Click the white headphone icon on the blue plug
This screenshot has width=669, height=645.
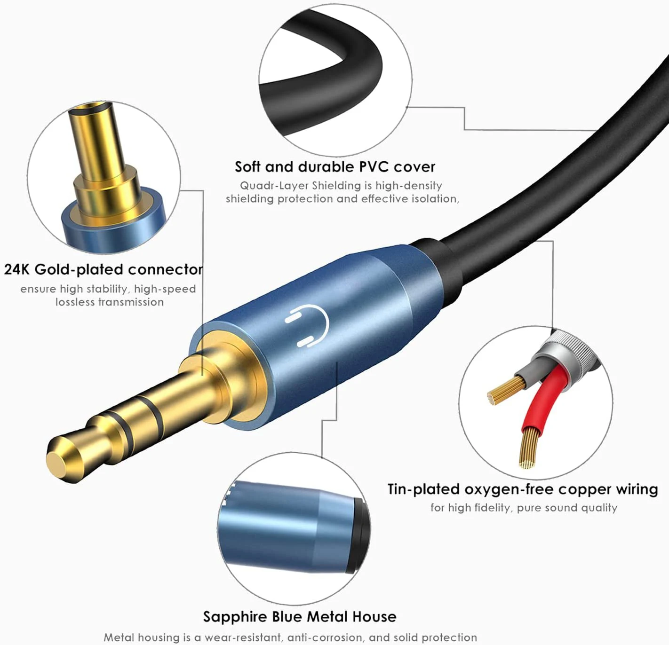[306, 326]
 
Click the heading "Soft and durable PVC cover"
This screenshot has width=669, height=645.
[334, 167]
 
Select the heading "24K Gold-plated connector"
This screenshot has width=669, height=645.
[104, 269]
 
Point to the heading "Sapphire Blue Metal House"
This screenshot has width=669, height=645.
[299, 616]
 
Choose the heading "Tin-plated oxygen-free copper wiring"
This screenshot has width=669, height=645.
[522, 489]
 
